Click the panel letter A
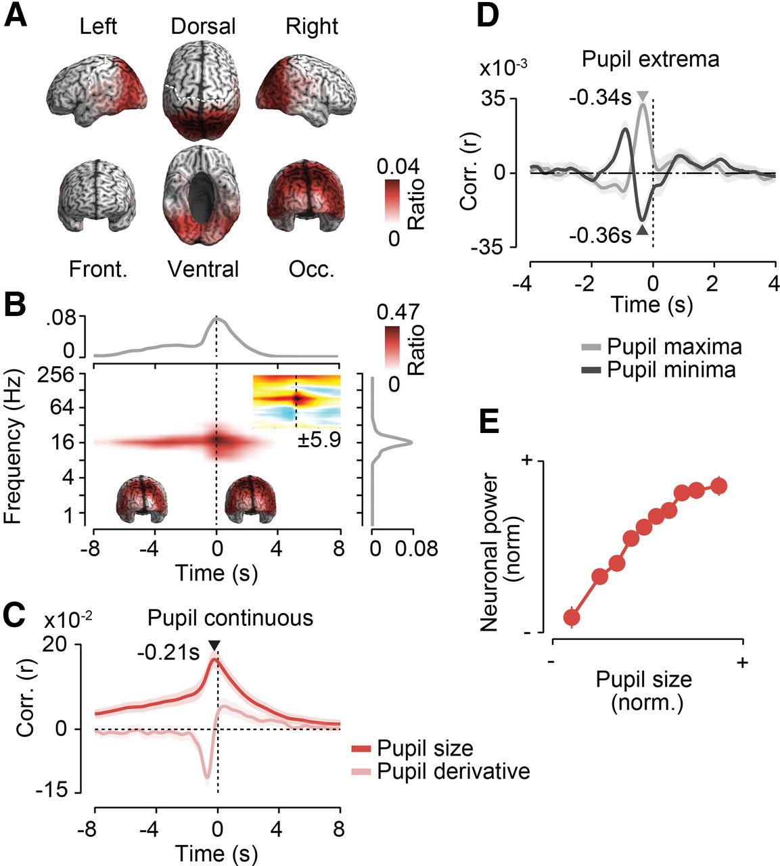pos(16,16)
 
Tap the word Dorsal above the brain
pos(203,26)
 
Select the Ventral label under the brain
pos(203,269)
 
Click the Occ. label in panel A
pos(312,269)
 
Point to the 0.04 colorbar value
pos(398,166)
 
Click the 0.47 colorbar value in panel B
pos(398,312)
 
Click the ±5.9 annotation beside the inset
pos(319,440)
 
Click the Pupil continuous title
pos(230,618)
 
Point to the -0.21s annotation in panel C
pos(168,653)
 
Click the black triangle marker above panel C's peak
pos(214,645)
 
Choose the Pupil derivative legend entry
pos(440,771)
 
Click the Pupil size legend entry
pos(413,748)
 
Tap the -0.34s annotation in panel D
pos(601,98)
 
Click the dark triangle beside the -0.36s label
pos(643,231)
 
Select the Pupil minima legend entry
pos(658,370)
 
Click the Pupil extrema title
pos(651,59)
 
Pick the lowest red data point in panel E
pos(572,618)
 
